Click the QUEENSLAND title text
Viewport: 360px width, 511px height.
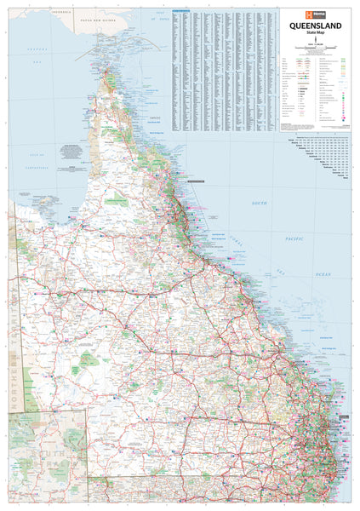(319, 26)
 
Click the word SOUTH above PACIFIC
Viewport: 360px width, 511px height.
(260, 204)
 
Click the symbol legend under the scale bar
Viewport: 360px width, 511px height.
(319, 94)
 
